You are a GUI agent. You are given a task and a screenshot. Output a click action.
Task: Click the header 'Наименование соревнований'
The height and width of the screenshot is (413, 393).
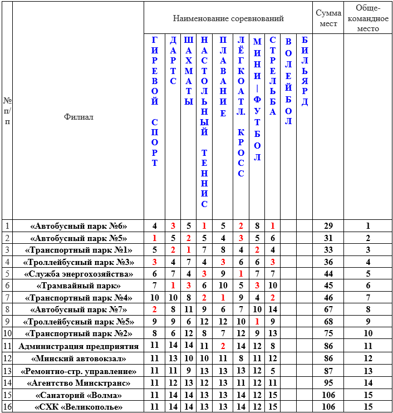(x=228, y=18)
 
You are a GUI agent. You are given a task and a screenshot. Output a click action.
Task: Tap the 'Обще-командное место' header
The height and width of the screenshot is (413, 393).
(x=367, y=18)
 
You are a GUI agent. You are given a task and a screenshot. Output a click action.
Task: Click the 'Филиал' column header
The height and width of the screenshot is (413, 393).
(x=78, y=117)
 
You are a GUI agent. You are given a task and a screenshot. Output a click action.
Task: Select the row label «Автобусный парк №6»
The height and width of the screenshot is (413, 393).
(x=78, y=226)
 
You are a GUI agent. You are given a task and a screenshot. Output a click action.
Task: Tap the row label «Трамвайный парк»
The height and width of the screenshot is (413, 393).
(x=78, y=286)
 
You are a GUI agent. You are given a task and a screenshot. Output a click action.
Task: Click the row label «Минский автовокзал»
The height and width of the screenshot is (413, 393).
(x=78, y=358)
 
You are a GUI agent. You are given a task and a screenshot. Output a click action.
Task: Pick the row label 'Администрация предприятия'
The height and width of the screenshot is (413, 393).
(x=78, y=346)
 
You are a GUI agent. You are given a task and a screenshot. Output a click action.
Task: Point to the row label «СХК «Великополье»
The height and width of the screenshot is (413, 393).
(x=78, y=407)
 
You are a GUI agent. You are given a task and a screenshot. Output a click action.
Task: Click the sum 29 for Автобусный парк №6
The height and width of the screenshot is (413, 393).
(x=328, y=226)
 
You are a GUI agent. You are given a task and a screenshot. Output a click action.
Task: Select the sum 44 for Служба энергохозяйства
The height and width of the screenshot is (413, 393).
(x=328, y=274)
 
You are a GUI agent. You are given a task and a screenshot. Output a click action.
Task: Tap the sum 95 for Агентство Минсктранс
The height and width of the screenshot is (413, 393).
(x=328, y=382)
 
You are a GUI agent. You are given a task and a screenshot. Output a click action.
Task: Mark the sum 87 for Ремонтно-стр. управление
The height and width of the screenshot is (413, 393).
(x=328, y=371)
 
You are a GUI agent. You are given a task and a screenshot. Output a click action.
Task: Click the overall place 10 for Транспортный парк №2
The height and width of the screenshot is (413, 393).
(x=367, y=334)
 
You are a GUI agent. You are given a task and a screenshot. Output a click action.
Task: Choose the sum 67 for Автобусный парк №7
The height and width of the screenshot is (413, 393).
(x=328, y=309)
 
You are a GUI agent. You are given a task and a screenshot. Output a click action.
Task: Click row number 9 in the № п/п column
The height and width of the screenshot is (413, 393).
(x=7, y=322)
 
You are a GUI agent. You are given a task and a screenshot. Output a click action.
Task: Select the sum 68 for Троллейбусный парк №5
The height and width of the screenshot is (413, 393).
(x=328, y=322)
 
